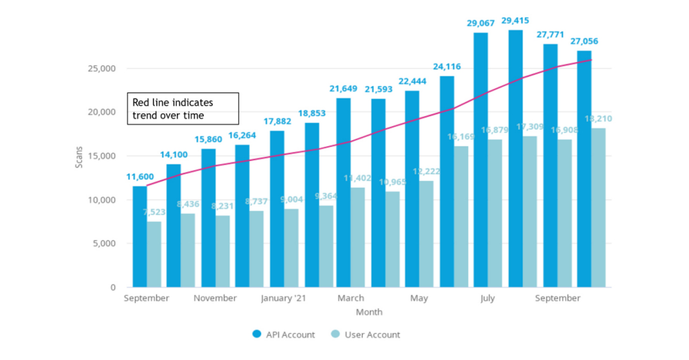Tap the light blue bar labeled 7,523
(154, 254)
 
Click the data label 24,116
(447, 67)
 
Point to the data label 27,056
(583, 41)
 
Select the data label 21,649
(343, 88)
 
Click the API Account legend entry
(284, 335)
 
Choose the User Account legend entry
(365, 335)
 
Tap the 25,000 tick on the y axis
(104, 69)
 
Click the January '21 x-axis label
(284, 299)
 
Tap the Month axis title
(369, 312)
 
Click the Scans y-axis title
(79, 157)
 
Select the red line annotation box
(183, 109)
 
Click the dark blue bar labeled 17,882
(277, 209)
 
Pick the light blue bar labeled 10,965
(393, 239)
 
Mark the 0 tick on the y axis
(113, 287)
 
